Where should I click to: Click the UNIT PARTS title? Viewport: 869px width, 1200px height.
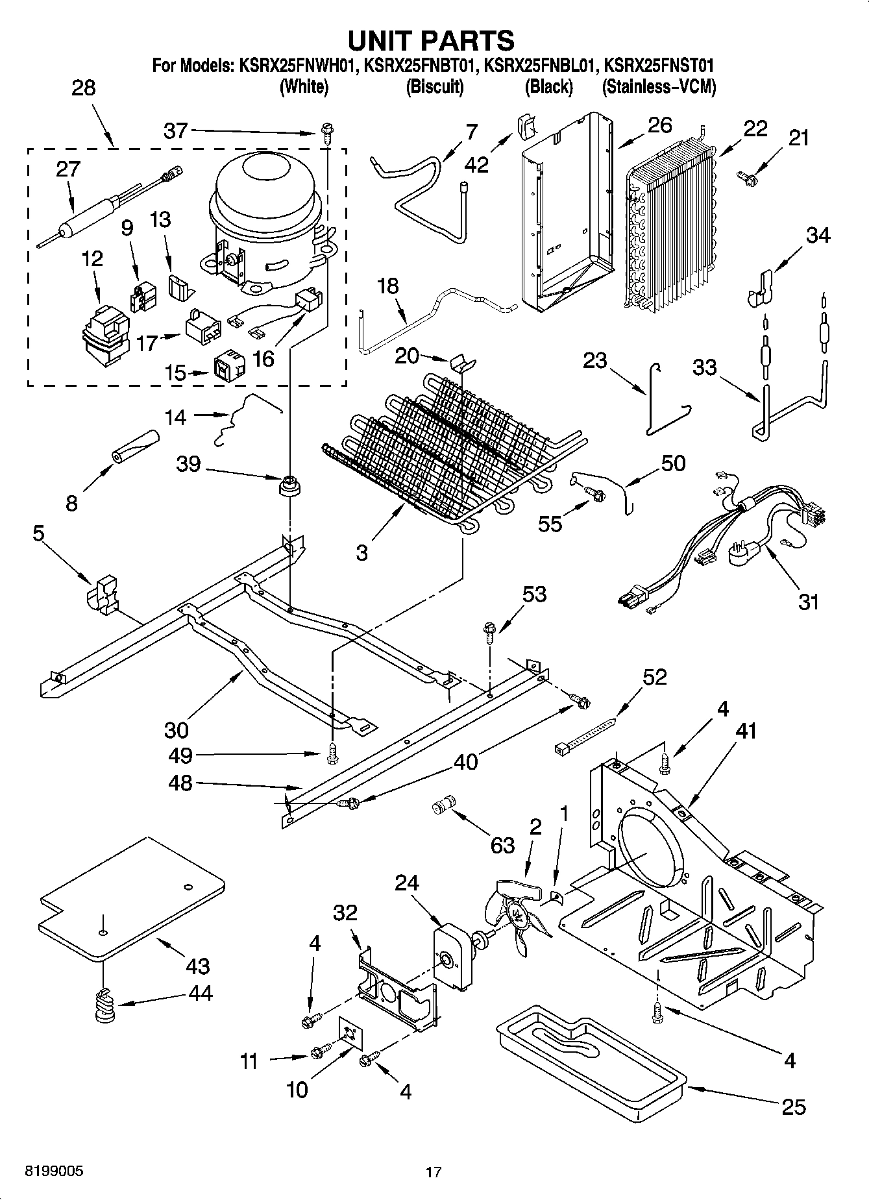(431, 40)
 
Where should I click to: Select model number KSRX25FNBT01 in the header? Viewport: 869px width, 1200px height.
(422, 66)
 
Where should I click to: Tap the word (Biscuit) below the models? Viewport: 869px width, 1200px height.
(434, 86)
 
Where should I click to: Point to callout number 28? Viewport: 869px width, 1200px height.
(83, 88)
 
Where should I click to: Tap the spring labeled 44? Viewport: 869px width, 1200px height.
(104, 1009)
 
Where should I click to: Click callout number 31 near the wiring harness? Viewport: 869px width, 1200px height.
(809, 602)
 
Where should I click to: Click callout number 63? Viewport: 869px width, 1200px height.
(502, 846)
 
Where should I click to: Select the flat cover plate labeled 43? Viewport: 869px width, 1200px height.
(130, 899)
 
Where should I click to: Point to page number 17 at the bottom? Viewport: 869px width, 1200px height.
(433, 1172)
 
